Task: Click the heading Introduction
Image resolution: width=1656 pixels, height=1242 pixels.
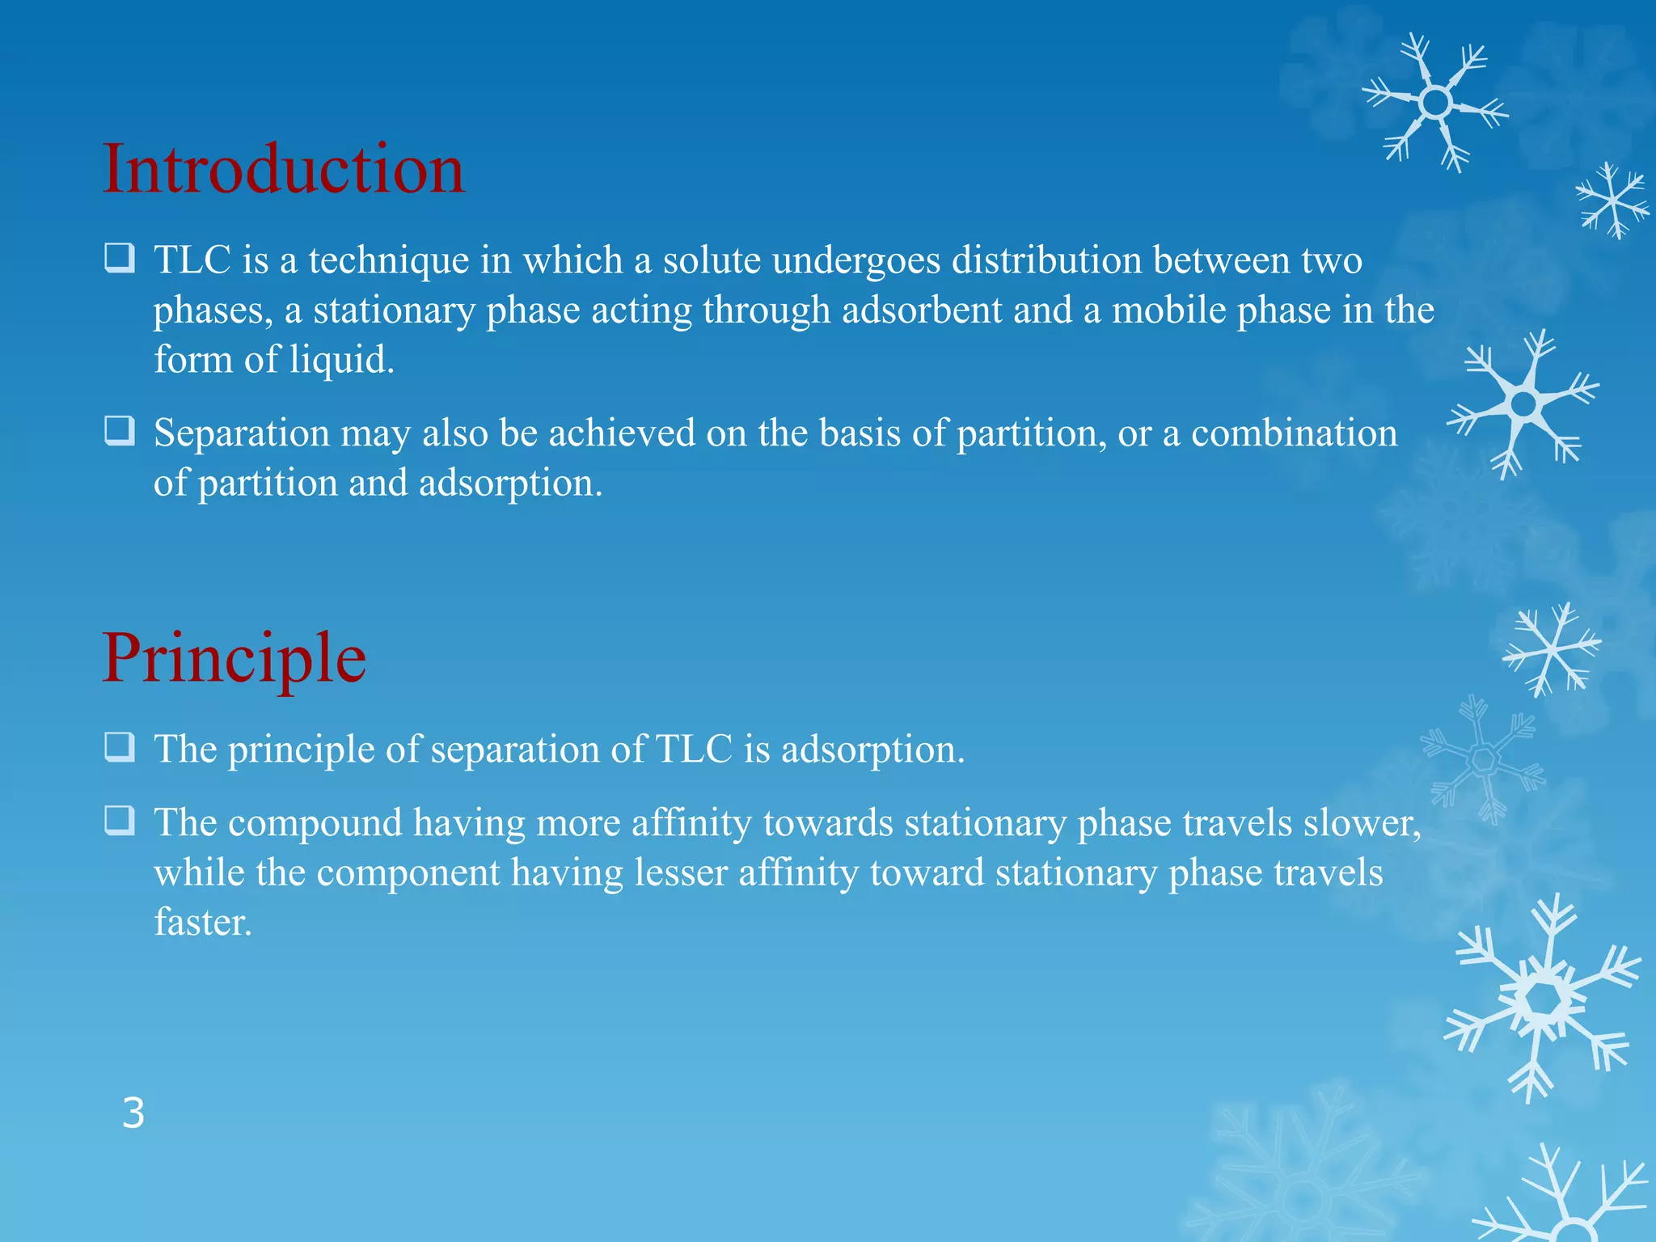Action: point(283,170)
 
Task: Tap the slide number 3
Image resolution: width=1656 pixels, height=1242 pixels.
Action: point(133,1113)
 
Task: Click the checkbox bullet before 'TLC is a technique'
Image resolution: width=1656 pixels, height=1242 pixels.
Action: point(120,259)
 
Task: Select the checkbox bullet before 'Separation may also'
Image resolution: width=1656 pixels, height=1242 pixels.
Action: point(120,431)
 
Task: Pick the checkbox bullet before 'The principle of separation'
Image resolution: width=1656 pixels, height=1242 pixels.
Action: point(120,748)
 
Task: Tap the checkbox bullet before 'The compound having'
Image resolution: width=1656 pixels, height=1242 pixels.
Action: point(120,822)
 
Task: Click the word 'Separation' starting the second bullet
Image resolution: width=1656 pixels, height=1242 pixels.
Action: point(242,433)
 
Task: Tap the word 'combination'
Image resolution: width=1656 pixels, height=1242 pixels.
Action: point(1294,433)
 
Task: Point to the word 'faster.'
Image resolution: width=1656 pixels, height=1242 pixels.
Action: point(203,923)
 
